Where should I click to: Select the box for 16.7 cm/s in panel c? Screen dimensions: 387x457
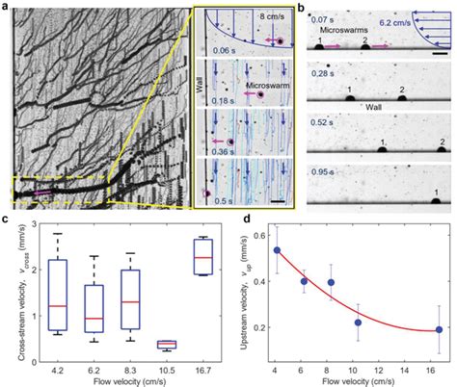pos(203,256)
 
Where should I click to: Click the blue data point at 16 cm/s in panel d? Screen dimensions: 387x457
pos(439,330)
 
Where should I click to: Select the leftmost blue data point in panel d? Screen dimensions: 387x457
pos(278,250)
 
